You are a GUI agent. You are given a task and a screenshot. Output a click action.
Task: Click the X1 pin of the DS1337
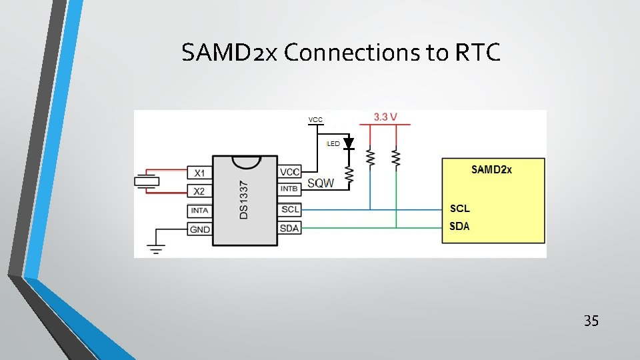[199, 173]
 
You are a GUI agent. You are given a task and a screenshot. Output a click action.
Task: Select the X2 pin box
[199, 191]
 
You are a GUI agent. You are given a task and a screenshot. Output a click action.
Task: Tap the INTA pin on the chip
[199, 211]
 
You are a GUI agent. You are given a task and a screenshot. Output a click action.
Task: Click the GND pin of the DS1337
[199, 229]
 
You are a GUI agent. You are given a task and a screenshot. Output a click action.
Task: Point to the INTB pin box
[289, 189]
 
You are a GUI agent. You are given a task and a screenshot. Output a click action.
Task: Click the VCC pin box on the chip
[289, 172]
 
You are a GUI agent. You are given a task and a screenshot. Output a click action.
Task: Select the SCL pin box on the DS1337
[289, 209]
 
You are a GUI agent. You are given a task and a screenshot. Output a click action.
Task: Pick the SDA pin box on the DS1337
[289, 229]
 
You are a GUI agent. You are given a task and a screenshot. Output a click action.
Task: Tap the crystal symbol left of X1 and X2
[146, 181]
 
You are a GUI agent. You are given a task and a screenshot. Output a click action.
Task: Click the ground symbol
[155, 250]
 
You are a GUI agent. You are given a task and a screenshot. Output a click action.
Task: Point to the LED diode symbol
[348, 144]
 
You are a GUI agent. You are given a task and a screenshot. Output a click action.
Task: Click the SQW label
[321, 183]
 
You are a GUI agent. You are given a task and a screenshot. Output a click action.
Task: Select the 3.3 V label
[385, 117]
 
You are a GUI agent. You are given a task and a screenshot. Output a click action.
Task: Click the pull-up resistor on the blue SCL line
[371, 158]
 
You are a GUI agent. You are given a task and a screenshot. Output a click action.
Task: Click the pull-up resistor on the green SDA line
[396, 158]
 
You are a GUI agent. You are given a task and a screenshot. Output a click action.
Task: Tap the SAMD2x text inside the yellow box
[491, 169]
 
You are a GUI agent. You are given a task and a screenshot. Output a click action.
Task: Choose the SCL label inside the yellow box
[459, 209]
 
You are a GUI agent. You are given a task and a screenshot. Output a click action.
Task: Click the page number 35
[591, 321]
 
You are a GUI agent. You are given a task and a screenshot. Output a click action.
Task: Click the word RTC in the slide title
[477, 53]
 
